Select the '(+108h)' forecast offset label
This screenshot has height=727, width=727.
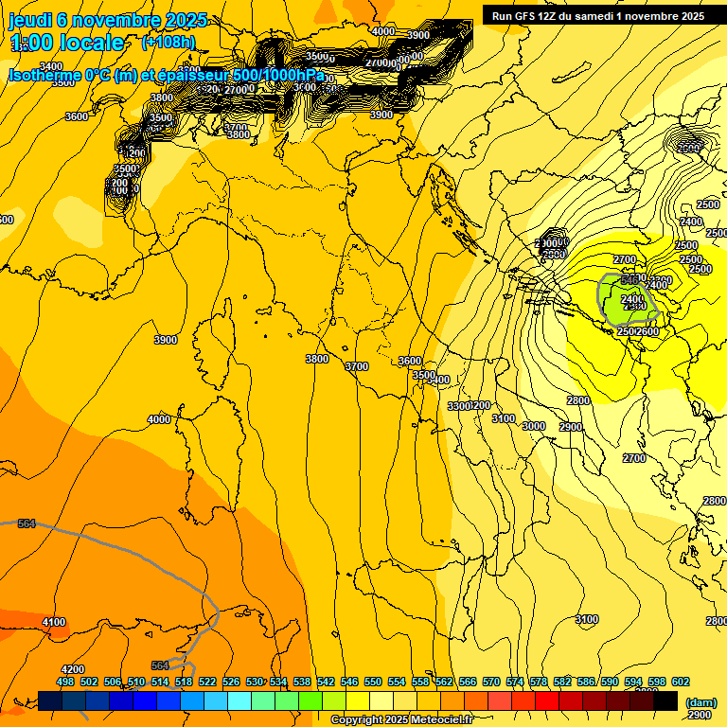169,43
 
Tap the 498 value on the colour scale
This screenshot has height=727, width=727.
65,681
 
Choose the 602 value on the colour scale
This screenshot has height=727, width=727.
681,681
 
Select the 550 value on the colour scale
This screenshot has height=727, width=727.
373,681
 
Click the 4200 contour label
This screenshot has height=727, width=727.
73,669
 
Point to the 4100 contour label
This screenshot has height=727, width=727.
55,622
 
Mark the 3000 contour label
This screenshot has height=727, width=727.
534,426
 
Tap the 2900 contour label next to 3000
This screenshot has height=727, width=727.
570,427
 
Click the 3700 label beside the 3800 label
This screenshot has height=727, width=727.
357,366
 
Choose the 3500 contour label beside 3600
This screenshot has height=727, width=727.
423,375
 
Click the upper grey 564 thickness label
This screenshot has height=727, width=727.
27,523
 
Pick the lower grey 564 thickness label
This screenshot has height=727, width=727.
160,665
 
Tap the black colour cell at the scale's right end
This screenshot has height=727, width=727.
665,700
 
